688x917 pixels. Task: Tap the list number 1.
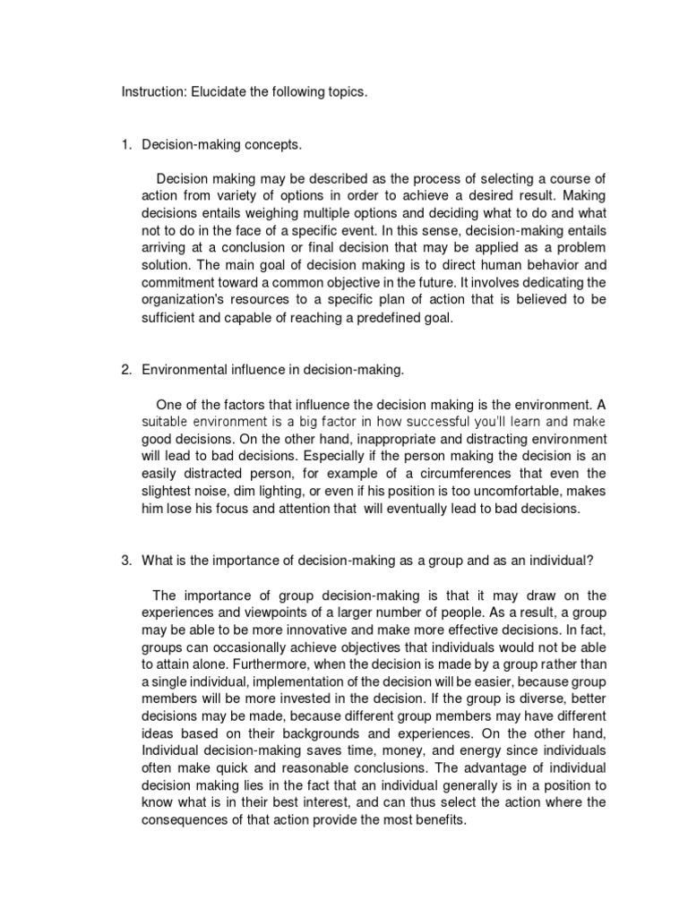125,145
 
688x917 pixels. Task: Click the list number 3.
125,561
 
